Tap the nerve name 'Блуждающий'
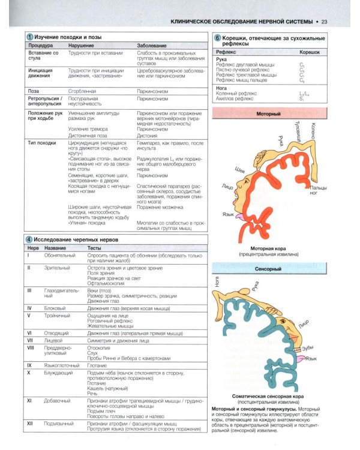[x=59, y=373]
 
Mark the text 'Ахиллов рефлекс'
[x=236, y=98]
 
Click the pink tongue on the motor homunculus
[x=239, y=216]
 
